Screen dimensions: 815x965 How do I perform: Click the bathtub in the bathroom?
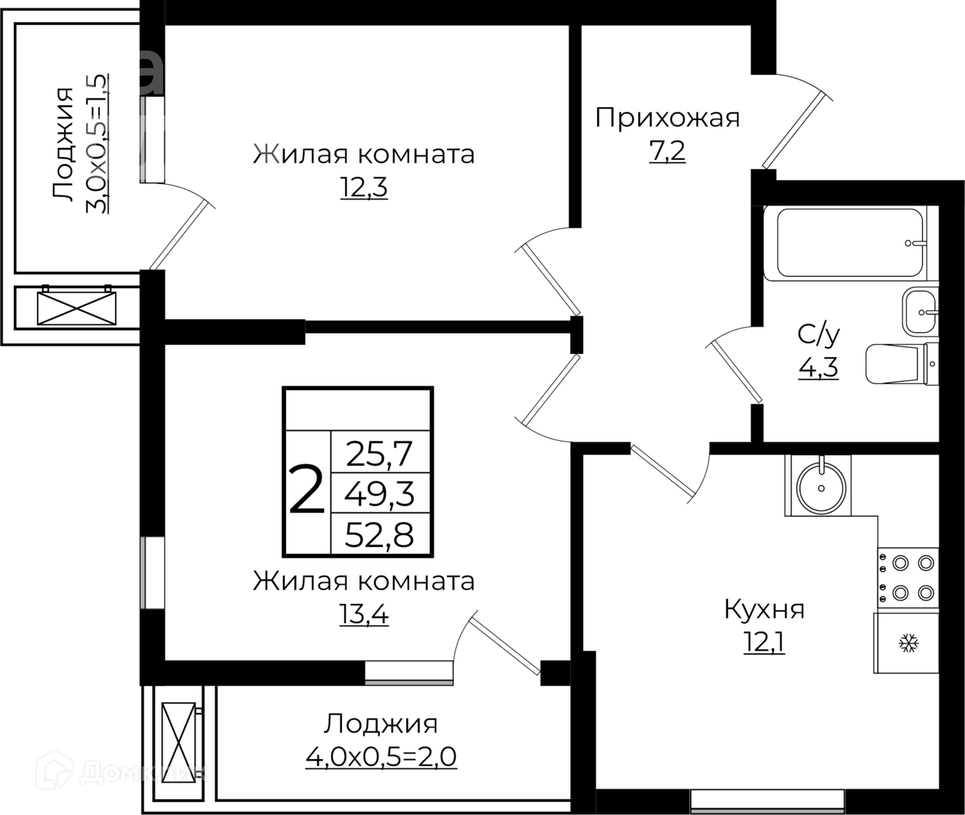tap(843, 243)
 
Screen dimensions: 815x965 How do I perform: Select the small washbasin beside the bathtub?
tap(919, 311)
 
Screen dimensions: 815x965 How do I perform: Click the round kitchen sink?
tap(818, 485)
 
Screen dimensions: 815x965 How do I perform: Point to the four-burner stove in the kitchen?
tap(908, 577)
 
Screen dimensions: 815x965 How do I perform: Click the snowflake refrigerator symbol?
tap(907, 643)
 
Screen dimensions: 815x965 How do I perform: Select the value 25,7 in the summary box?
tap(379, 454)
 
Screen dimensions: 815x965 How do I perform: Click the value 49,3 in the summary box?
tap(379, 494)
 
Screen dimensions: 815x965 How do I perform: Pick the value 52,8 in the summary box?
tap(379, 535)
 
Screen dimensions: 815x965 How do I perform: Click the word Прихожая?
tap(667, 118)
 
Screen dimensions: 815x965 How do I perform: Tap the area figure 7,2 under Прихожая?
tap(667, 152)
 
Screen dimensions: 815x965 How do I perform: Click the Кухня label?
tap(764, 609)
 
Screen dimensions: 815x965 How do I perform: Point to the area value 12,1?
tap(764, 644)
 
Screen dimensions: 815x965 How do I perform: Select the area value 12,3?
tap(363, 188)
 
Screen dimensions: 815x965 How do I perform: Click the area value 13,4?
tap(363, 616)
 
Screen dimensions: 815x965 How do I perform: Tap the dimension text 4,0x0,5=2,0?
tap(381, 756)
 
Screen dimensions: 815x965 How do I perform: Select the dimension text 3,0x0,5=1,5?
tap(99, 143)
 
